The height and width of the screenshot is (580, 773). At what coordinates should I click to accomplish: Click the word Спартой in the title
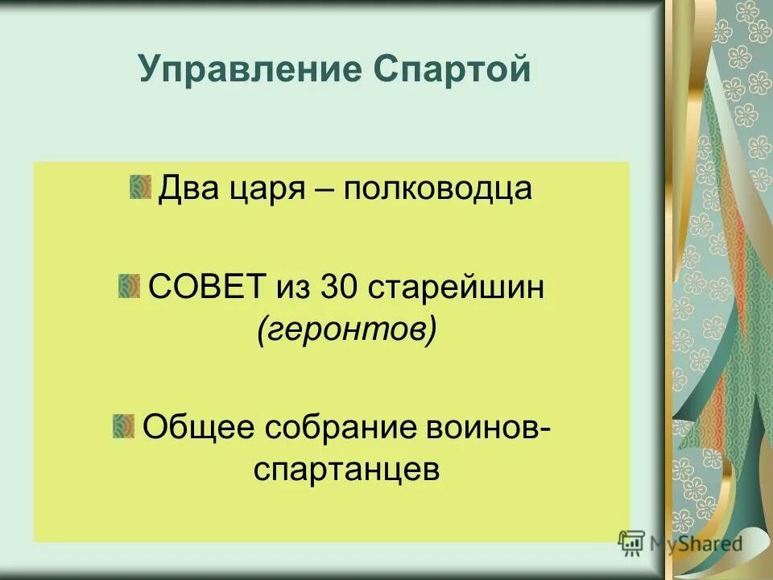point(453,69)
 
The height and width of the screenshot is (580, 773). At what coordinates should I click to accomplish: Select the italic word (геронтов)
point(347,330)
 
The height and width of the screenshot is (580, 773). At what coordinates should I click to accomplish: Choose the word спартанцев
point(347,470)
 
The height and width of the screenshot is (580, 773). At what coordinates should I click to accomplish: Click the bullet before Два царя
point(140,187)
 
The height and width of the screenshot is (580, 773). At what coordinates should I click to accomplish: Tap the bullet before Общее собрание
point(124,425)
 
